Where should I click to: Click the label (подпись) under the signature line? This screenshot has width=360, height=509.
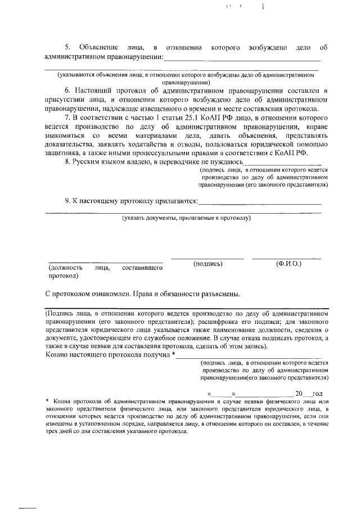[208, 264]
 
